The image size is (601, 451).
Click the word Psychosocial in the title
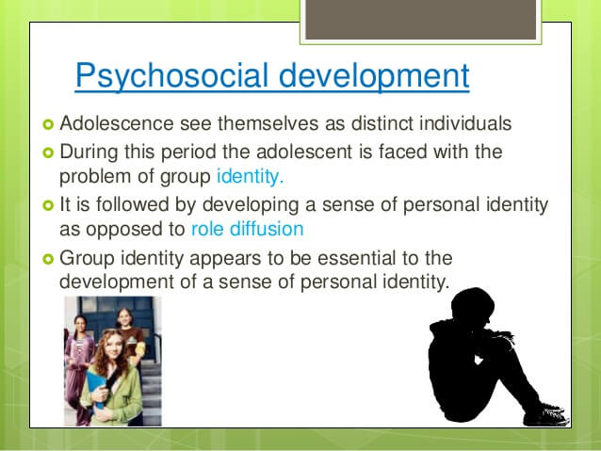coord(171,76)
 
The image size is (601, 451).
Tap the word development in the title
coord(374,76)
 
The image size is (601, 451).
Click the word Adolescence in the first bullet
coord(117,123)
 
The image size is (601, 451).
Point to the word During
coord(89,153)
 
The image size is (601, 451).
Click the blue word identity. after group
coord(251,177)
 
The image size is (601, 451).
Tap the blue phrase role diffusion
coord(247,229)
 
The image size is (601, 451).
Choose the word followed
coord(132,204)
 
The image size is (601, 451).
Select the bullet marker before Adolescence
coord(48,124)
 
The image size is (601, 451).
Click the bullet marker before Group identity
coord(48,260)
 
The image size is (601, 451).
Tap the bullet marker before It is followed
coord(48,206)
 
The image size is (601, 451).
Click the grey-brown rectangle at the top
coord(421,20)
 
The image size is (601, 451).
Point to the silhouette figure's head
coord(473,306)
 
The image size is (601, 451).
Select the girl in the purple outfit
coord(78,368)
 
